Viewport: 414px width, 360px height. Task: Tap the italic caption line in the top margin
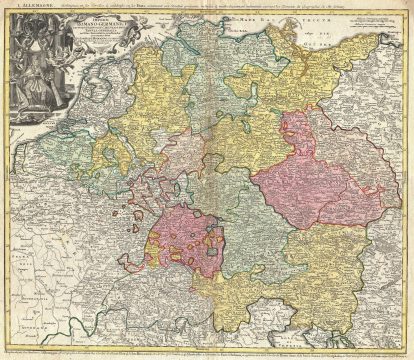(x=230, y=8)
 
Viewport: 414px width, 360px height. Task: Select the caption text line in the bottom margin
(x=207, y=353)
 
